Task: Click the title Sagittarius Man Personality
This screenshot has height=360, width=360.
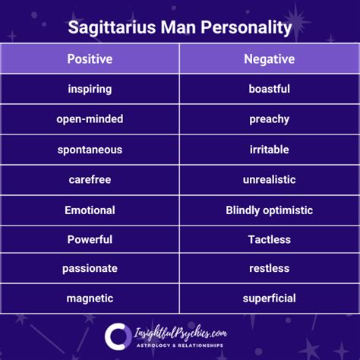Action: click(180, 28)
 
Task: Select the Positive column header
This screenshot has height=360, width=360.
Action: click(90, 58)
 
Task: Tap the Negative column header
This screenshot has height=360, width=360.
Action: click(269, 58)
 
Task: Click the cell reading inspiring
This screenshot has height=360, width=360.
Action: click(90, 89)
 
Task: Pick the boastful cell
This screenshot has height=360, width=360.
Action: click(269, 89)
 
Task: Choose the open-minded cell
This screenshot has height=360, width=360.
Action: click(90, 119)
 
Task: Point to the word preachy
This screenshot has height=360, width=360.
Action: click(269, 119)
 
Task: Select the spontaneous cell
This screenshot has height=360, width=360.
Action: click(90, 150)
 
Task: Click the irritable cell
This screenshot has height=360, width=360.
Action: click(269, 150)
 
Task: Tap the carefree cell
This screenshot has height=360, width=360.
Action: click(90, 180)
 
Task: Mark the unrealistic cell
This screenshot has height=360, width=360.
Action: click(269, 180)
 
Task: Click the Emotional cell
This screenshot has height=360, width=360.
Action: click(90, 210)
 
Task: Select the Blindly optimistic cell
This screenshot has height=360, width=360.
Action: click(269, 210)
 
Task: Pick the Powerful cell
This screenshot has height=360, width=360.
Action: click(90, 240)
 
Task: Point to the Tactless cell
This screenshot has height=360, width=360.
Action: click(269, 240)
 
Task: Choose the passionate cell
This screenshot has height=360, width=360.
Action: click(90, 269)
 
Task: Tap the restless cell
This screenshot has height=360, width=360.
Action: click(269, 269)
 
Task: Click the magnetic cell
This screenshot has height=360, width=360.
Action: click(90, 298)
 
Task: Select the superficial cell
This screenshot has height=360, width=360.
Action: click(269, 298)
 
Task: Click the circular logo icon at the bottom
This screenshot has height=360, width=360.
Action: click(118, 336)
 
